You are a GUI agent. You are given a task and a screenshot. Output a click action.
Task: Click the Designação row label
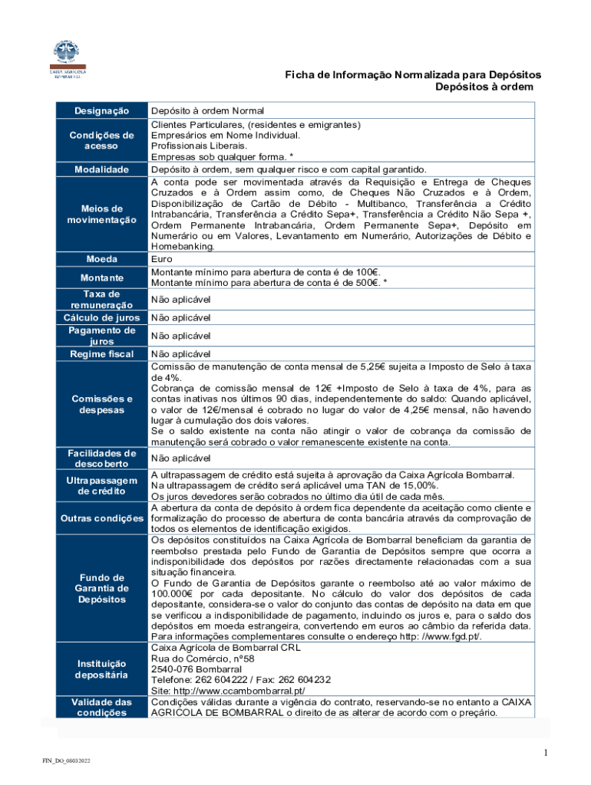(101, 111)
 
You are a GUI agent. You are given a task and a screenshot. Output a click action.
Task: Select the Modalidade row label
(101, 169)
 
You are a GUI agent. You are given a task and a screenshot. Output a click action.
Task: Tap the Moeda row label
(101, 259)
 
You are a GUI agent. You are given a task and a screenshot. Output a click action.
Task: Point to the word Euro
(162, 259)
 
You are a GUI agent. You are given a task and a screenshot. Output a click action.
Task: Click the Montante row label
(101, 277)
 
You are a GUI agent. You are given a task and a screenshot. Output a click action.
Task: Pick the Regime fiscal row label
(101, 354)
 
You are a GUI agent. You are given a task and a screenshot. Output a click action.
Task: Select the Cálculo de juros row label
(101, 317)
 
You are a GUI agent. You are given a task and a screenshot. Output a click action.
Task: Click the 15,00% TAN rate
(419, 486)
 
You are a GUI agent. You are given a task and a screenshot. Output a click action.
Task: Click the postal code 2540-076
(173, 668)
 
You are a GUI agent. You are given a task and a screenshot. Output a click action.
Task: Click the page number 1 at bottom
(545, 754)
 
